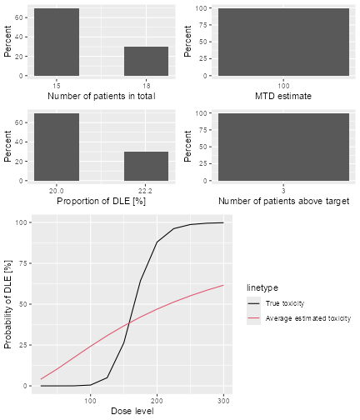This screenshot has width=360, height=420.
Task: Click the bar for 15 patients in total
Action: pos(57,42)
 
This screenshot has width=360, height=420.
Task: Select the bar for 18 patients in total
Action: pos(147,61)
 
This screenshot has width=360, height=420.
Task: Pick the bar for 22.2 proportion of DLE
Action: pos(147,166)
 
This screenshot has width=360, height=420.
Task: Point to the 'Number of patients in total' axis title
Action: pos(102,97)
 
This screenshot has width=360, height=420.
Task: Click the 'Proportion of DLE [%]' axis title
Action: pos(102,201)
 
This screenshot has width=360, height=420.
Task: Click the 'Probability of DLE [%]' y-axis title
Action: pos(9,304)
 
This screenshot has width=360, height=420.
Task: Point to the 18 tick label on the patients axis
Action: pos(147,85)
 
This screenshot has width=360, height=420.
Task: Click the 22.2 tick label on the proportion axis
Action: pos(147,189)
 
